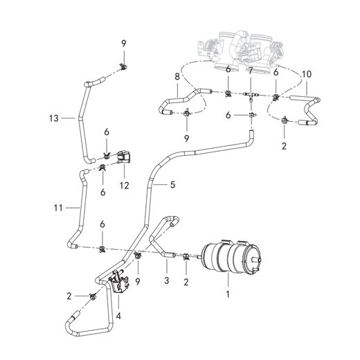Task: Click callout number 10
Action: coord(307,73)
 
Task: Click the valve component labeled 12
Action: coord(125,157)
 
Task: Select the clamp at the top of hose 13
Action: coord(123,66)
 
